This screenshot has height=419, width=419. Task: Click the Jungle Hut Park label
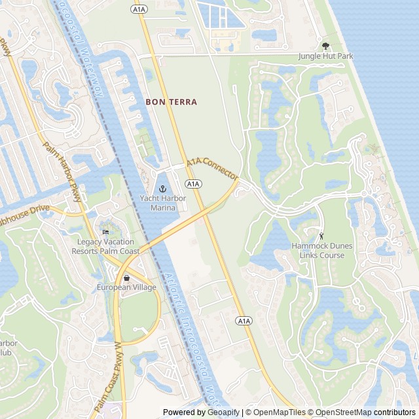tap(325, 56)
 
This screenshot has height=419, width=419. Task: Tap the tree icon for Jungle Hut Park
tap(325, 46)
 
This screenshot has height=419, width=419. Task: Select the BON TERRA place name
tap(171, 102)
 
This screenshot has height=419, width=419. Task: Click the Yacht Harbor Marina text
tap(158, 203)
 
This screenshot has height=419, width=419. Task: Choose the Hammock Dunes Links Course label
tap(322, 251)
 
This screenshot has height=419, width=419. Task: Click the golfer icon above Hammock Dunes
tap(321, 236)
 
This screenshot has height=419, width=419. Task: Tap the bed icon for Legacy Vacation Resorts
tap(105, 232)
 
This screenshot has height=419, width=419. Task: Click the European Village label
tap(126, 287)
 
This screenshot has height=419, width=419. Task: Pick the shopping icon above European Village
tap(126, 278)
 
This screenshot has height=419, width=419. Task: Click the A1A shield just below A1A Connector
tap(192, 184)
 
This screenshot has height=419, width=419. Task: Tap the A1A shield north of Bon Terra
tap(138, 9)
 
